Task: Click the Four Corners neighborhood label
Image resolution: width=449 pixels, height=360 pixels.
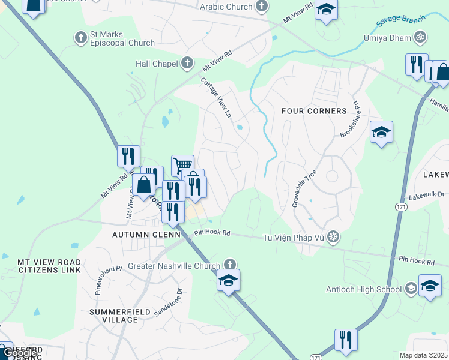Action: click(314, 111)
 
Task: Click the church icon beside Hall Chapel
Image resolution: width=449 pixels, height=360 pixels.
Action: click(187, 62)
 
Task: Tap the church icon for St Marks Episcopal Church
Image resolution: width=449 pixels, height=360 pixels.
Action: click(81, 38)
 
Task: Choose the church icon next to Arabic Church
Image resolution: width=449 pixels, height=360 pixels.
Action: click(261, 7)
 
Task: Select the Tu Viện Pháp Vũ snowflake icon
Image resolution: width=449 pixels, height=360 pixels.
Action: click(334, 238)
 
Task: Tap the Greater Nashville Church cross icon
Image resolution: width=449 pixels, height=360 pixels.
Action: click(229, 263)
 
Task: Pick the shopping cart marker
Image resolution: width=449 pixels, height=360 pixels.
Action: click(182, 164)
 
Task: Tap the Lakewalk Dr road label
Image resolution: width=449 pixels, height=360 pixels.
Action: click(426, 196)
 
